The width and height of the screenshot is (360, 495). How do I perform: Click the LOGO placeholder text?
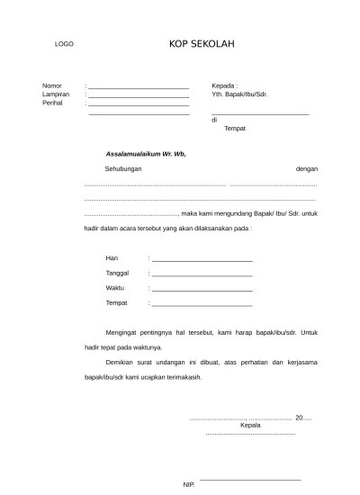click(x=63, y=43)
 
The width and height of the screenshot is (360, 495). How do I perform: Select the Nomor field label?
click(x=52, y=85)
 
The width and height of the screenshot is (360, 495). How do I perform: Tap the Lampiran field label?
click(x=56, y=94)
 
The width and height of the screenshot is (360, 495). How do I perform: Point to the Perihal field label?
click(x=53, y=103)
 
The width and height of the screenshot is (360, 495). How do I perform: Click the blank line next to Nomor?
click(x=139, y=86)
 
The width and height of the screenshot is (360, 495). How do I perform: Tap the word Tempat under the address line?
click(x=234, y=128)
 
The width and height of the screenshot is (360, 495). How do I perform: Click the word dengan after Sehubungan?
click(x=307, y=169)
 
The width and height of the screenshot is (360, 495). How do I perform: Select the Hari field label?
click(x=112, y=258)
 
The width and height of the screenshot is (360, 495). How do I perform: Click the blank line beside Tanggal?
click(x=202, y=274)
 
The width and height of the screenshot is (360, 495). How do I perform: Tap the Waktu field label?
click(x=115, y=287)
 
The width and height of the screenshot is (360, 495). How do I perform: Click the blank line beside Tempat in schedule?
click(x=202, y=303)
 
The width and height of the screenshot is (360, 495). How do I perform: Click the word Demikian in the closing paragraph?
click(x=121, y=363)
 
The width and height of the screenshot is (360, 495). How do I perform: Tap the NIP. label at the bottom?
click(x=188, y=484)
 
